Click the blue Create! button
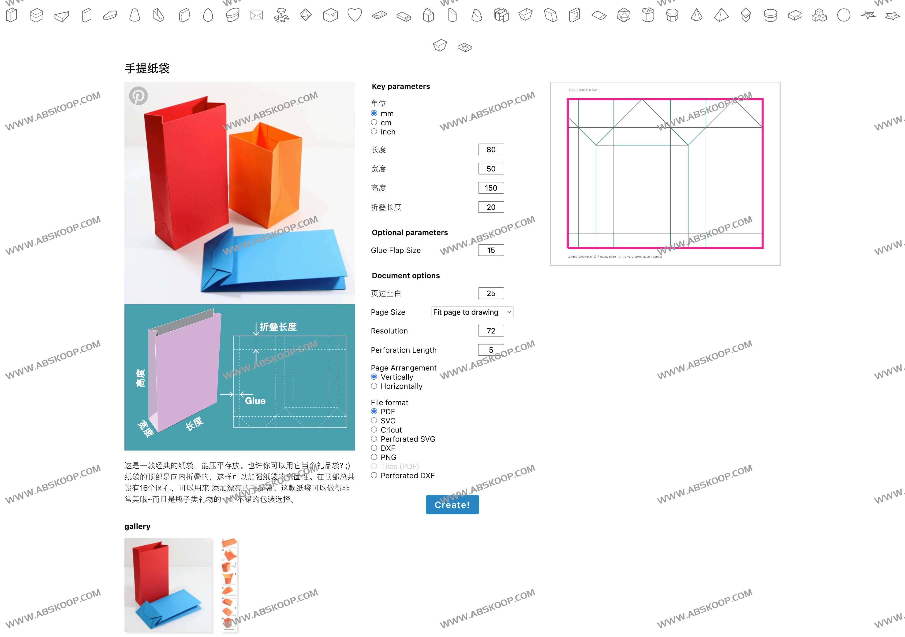pyautogui.click(x=452, y=505)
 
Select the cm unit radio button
pyautogui.click(x=374, y=122)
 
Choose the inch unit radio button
pyautogui.click(x=374, y=132)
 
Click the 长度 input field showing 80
pyautogui.click(x=491, y=150)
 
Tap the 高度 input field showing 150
pyautogui.click(x=491, y=188)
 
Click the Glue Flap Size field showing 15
pyautogui.click(x=491, y=250)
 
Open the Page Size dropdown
pyautogui.click(x=472, y=312)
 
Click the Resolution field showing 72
pyautogui.click(x=491, y=331)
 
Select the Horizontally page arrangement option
pyautogui.click(x=374, y=386)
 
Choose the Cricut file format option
pyautogui.click(x=374, y=430)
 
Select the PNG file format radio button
pyautogui.click(x=374, y=457)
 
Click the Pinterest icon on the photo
pyautogui.click(x=138, y=96)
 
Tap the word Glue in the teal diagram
pyautogui.click(x=255, y=401)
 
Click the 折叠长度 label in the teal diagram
pyautogui.click(x=278, y=327)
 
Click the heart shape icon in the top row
pyautogui.click(x=354, y=15)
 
